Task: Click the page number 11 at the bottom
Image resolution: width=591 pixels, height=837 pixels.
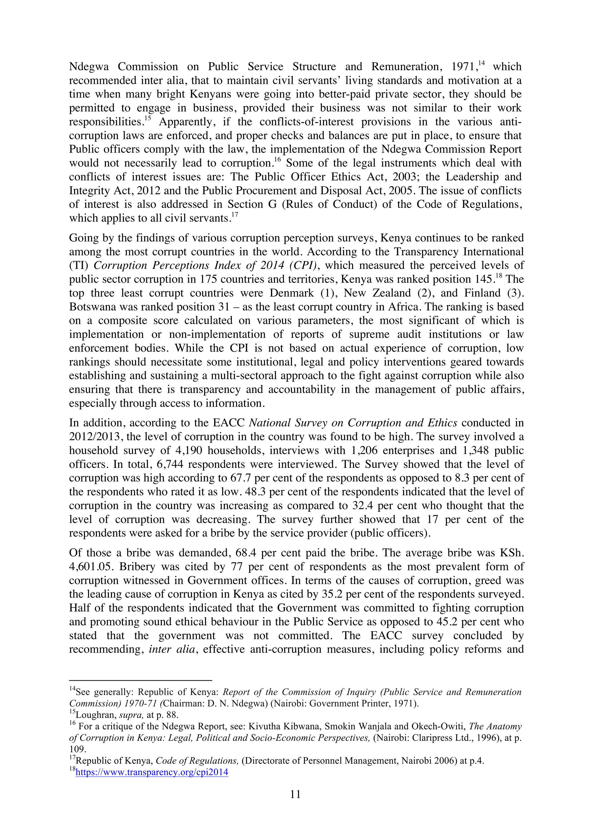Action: (x=295, y=794)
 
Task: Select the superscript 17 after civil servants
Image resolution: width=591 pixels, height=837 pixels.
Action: (x=235, y=215)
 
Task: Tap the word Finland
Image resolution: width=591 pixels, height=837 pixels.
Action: (x=482, y=293)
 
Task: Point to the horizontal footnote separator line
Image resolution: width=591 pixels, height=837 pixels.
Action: (x=141, y=680)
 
